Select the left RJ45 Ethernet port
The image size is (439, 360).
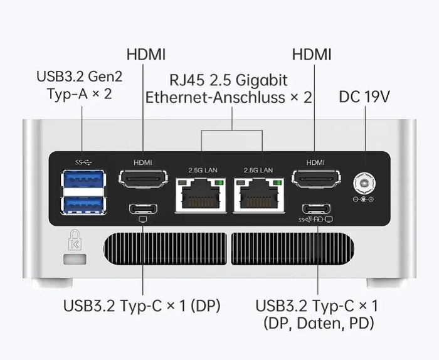[201, 195]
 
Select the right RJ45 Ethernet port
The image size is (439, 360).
[258, 195]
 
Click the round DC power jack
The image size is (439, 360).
[363, 183]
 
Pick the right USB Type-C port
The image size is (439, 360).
[316, 209]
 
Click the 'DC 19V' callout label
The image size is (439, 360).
[364, 97]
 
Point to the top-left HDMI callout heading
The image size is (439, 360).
[146, 54]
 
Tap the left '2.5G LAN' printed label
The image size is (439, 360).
[202, 170]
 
